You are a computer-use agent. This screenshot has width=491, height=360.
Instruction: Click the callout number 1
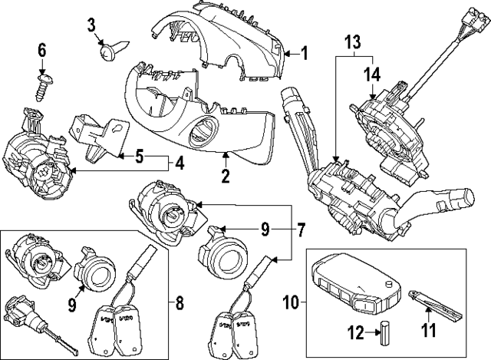click(304, 54)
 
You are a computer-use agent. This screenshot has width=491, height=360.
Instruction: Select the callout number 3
click(92, 25)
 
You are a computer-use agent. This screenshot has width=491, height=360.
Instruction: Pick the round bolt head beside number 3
click(107, 52)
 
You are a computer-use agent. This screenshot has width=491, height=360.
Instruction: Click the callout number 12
click(354, 332)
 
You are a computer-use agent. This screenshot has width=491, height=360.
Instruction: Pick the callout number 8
click(180, 302)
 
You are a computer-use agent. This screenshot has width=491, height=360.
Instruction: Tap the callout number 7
click(302, 228)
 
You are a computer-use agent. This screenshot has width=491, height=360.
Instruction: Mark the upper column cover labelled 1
click(230, 38)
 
